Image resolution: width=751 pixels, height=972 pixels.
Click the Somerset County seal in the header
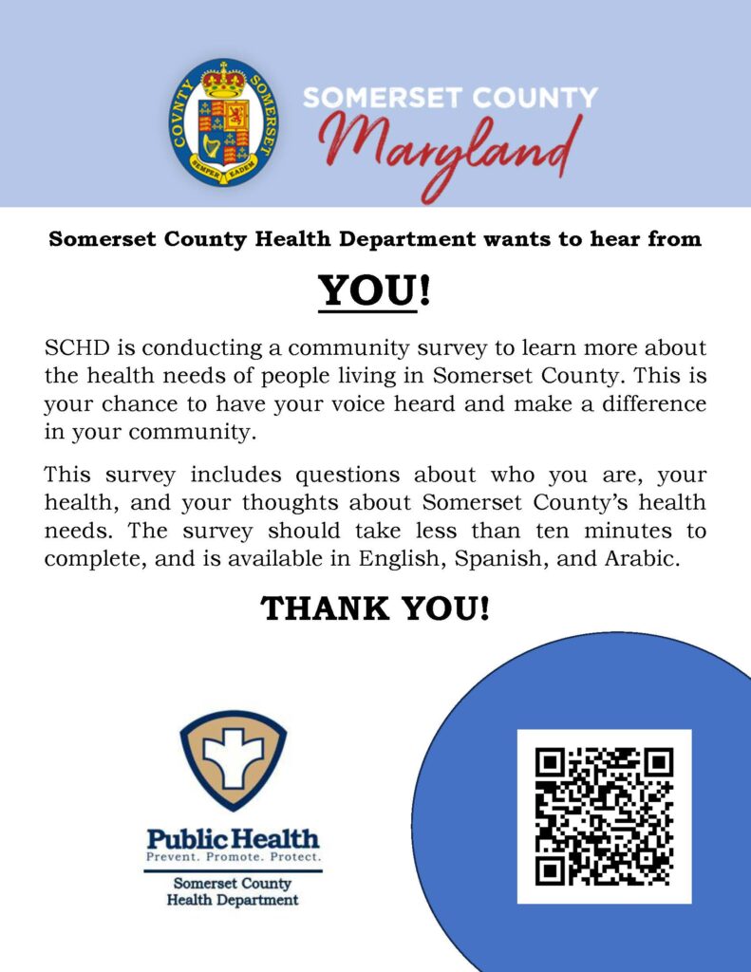point(224,122)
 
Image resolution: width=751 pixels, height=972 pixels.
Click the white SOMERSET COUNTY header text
point(450,99)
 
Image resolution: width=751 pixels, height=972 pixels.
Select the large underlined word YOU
point(367,290)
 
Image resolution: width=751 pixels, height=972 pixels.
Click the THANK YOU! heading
point(375,608)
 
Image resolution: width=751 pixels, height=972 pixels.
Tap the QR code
point(604,816)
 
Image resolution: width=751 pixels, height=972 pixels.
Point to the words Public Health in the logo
point(233,838)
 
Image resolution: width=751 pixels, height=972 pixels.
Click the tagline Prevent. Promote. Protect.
point(233,857)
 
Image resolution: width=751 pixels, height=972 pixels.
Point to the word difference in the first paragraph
point(649,404)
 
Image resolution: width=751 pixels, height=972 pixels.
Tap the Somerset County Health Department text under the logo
point(233,891)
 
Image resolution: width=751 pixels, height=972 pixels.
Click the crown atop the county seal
point(224,81)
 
